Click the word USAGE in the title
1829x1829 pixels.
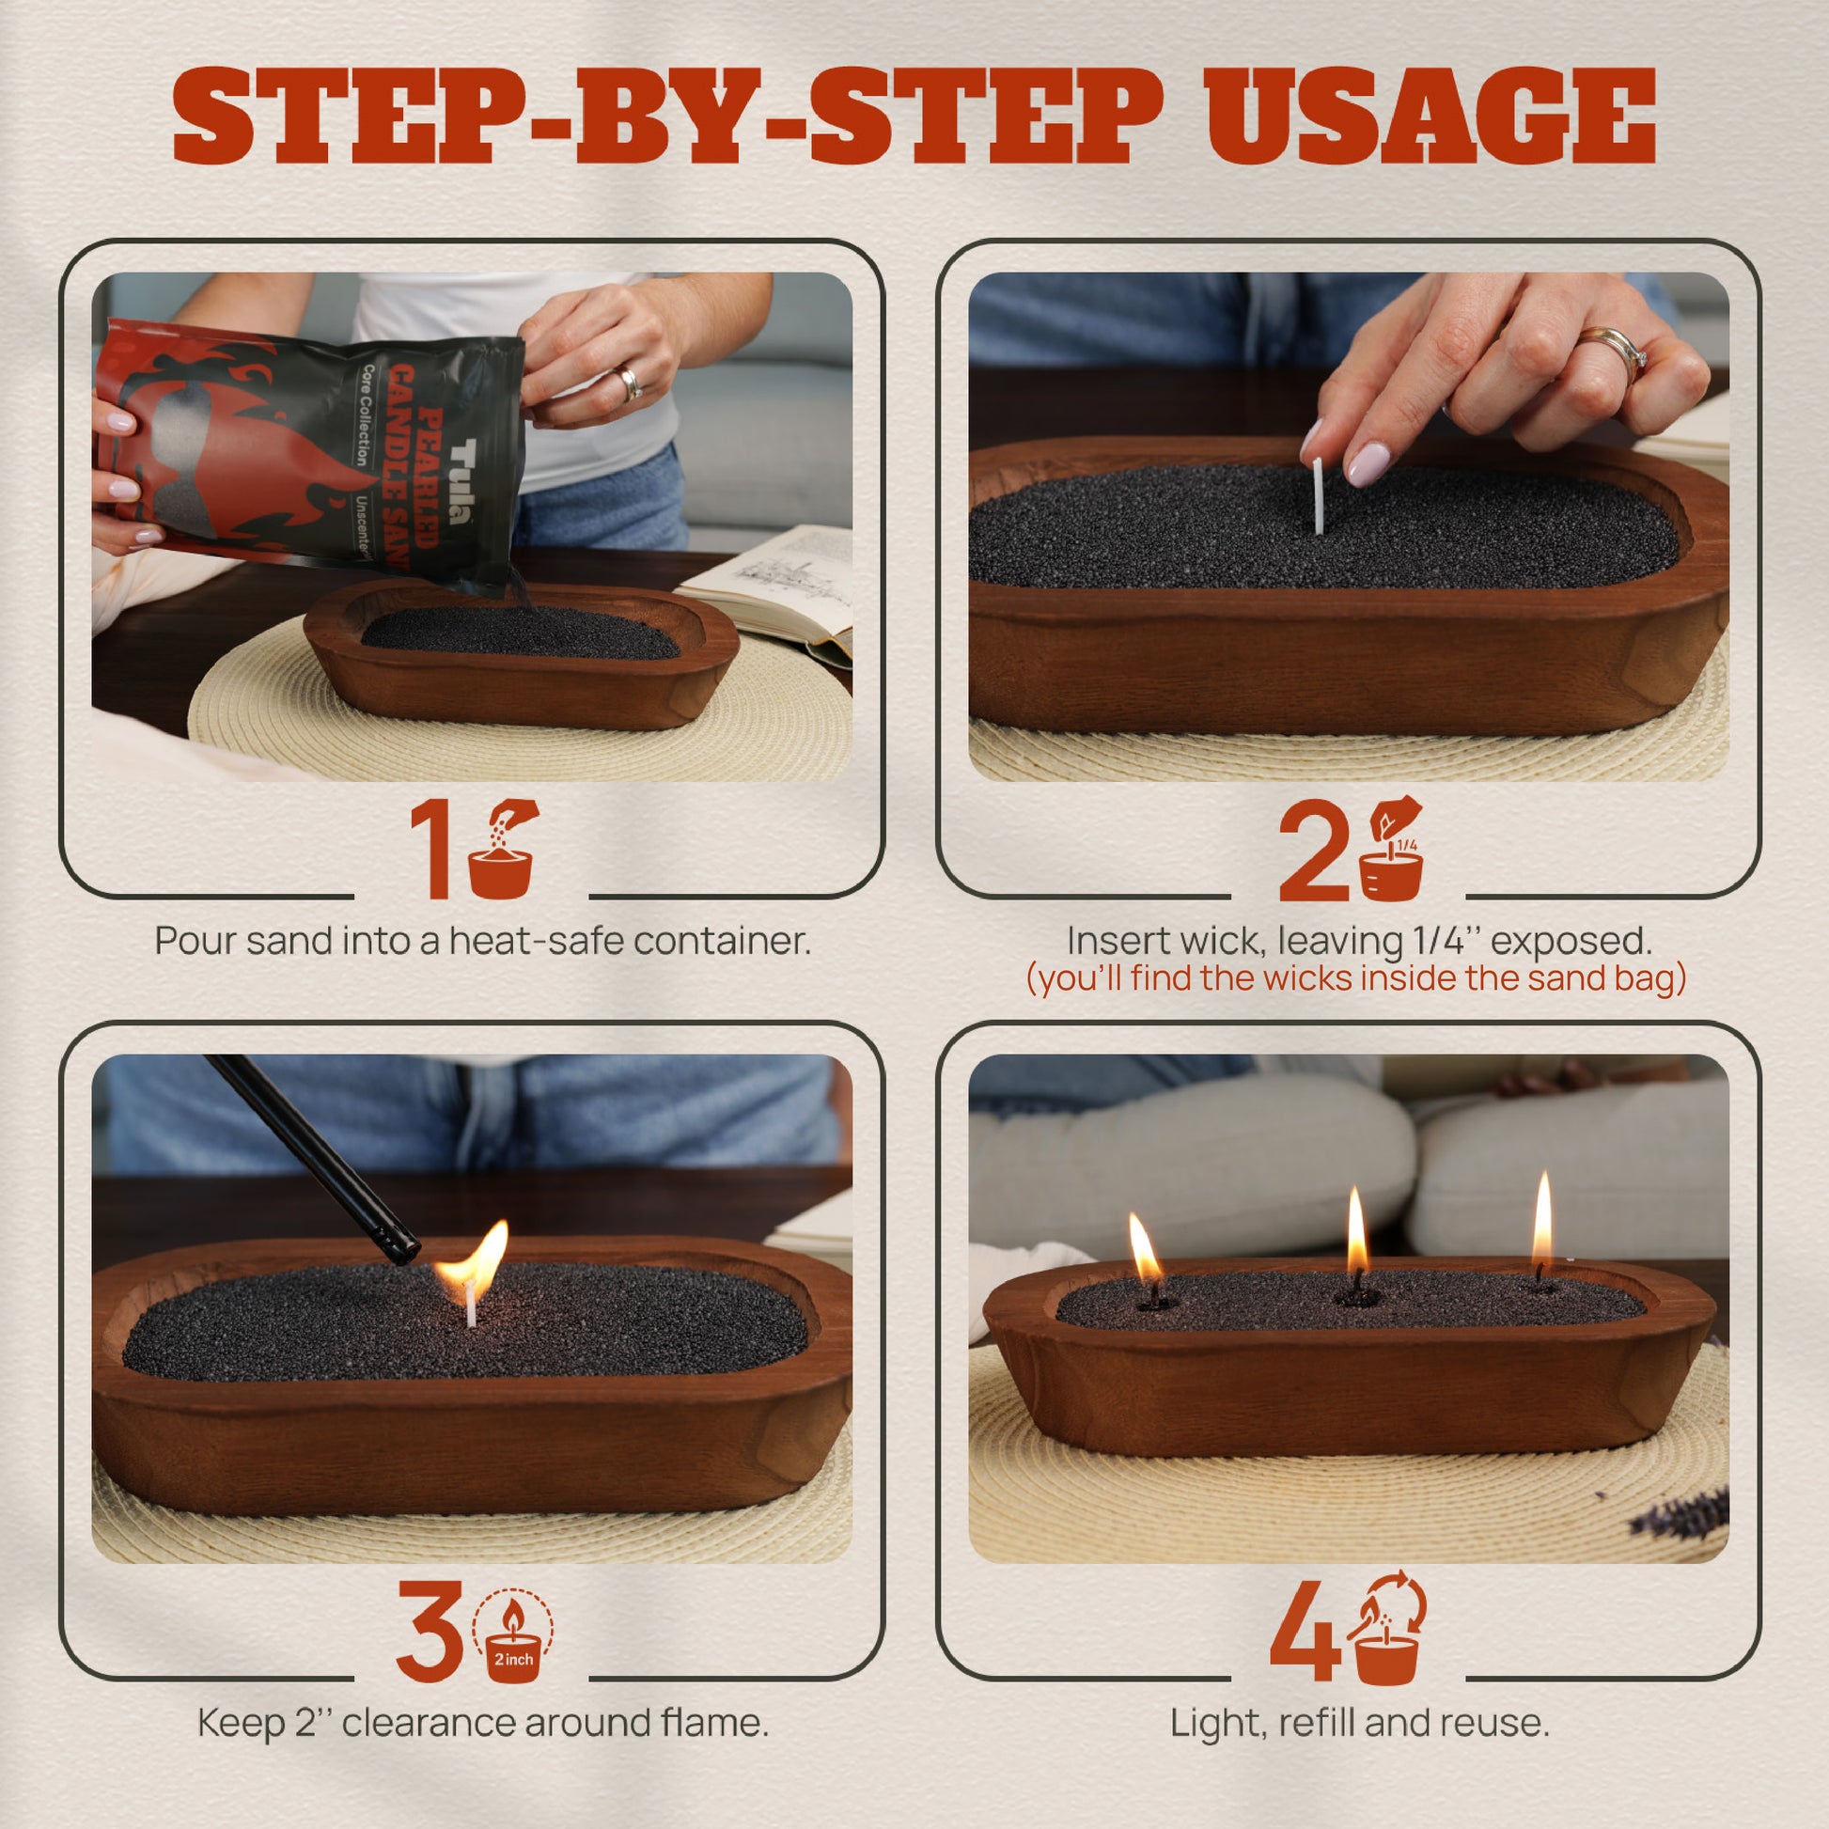1431,117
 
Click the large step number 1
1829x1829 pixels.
432,850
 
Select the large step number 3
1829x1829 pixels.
430,1629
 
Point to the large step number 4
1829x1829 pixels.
1305,1630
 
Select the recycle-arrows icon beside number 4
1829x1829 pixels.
1387,1629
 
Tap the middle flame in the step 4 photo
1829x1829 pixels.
1356,1234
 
